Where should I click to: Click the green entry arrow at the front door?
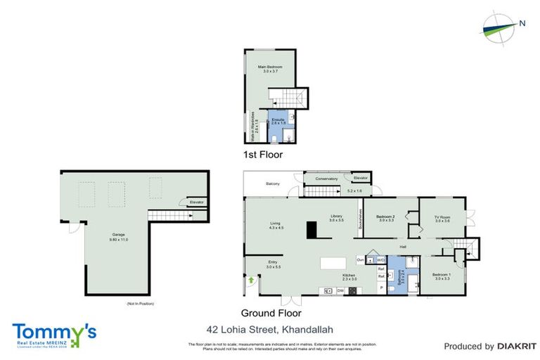click(x=251, y=280)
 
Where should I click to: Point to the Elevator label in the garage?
click(x=197, y=202)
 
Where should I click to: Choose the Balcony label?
click(x=272, y=184)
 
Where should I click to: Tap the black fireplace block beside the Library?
click(x=311, y=229)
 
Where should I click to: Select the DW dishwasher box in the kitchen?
click(x=340, y=290)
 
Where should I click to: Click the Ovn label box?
click(x=360, y=259)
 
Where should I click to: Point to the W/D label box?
click(x=381, y=259)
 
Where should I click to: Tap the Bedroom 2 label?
click(x=385, y=217)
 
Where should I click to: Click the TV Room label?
click(x=441, y=217)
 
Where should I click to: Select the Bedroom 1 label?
click(x=442, y=275)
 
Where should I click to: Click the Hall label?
click(x=404, y=247)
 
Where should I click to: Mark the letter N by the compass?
click(x=522, y=23)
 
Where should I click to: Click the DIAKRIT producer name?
click(x=516, y=346)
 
